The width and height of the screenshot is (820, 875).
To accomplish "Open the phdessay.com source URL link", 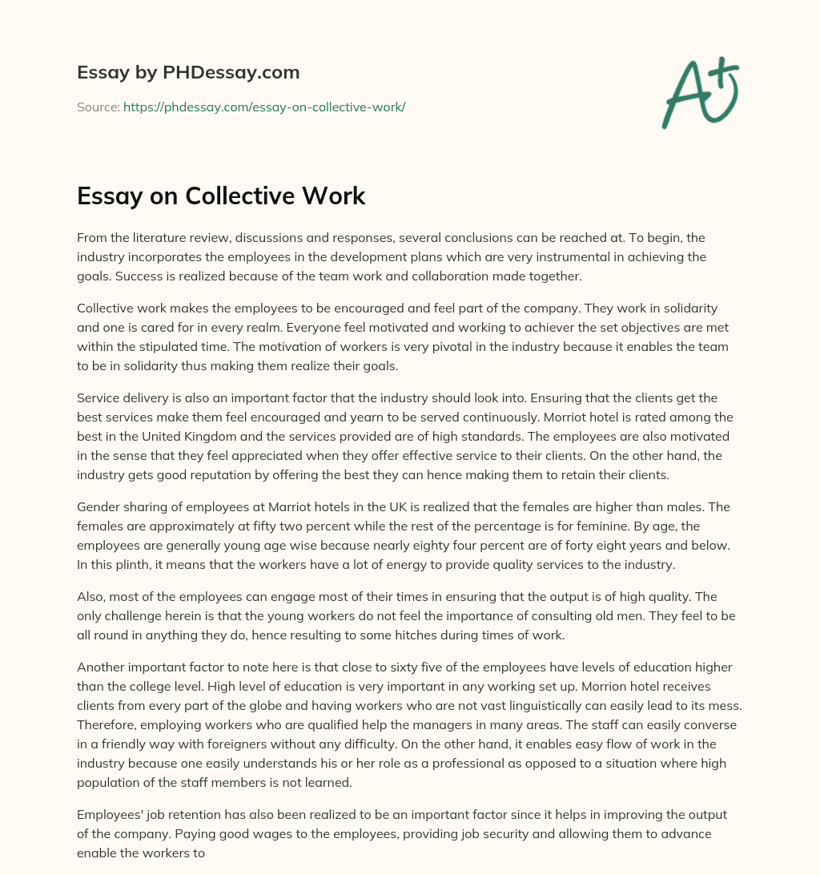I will pyautogui.click(x=264, y=107).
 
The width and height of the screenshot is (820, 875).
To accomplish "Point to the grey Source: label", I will pyautogui.click(x=98, y=107).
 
